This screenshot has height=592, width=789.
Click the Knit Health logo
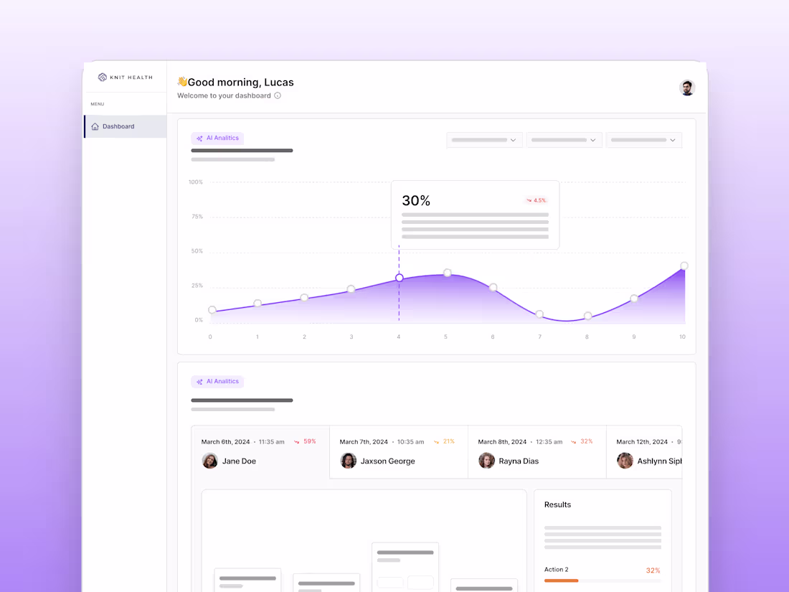pos(125,77)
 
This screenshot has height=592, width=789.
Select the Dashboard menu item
pos(118,126)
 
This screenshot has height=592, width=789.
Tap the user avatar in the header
pos(687,88)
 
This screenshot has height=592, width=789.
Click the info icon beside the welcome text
pos(278,95)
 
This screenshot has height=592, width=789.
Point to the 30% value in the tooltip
pos(416,201)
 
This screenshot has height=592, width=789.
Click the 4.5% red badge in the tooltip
pos(537,201)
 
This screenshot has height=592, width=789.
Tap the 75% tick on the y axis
pos(196,217)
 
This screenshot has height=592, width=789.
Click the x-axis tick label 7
pos(539,337)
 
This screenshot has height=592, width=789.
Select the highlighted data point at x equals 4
pos(400,278)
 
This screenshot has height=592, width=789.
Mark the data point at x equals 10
pos(684,266)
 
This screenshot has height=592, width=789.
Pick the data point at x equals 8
pos(587,316)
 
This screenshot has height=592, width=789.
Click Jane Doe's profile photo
pos(210,461)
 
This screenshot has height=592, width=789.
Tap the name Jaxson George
pos(387,461)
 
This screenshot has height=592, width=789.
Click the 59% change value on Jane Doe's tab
pos(310,441)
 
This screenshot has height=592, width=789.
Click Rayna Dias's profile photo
pos(487,461)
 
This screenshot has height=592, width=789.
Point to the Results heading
pos(557,504)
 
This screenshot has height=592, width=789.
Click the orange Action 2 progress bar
pos(561,581)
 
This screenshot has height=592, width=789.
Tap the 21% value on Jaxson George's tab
pos(449,441)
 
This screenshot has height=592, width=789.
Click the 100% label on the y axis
pos(196,182)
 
